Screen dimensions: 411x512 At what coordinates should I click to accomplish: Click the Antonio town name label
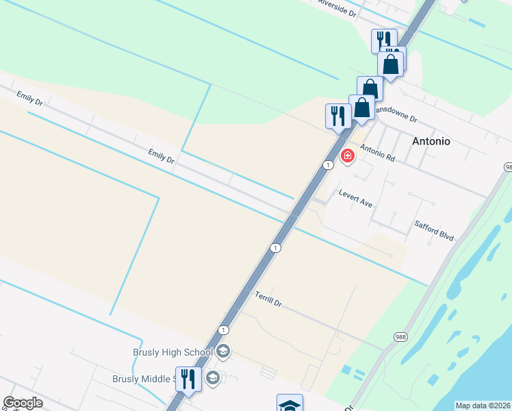tap(431, 141)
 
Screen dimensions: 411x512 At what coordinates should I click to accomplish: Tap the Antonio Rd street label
tap(378, 153)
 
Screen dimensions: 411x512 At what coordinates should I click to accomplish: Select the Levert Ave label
tap(355, 199)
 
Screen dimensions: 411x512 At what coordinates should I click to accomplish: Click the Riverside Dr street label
tap(337, 8)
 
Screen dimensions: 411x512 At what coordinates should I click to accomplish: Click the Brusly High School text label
tap(172, 353)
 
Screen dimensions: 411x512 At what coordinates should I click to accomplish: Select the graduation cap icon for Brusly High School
tap(223, 352)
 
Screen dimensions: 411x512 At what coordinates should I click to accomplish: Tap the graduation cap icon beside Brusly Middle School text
tap(212, 378)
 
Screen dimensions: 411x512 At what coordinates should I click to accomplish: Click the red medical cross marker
tap(348, 156)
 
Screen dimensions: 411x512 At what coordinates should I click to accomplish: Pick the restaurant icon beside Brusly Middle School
tap(188, 379)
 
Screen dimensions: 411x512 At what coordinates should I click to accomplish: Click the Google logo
tap(23, 403)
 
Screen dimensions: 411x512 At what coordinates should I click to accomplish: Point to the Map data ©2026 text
tap(483, 406)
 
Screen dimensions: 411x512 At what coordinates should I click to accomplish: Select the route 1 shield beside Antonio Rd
tap(329, 165)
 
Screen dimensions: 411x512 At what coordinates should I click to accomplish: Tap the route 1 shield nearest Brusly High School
tap(223, 330)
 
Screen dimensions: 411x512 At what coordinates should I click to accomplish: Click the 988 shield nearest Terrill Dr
tap(400, 336)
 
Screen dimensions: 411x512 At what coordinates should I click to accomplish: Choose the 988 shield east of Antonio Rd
tap(508, 167)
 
